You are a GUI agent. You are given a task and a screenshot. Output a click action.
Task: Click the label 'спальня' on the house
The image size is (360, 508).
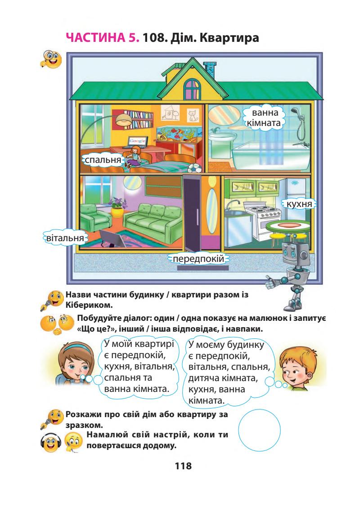(103, 159)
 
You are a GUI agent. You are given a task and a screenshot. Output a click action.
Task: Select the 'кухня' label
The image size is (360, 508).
(299, 204)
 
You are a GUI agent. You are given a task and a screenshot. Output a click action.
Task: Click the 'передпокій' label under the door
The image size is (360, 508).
(198, 259)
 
